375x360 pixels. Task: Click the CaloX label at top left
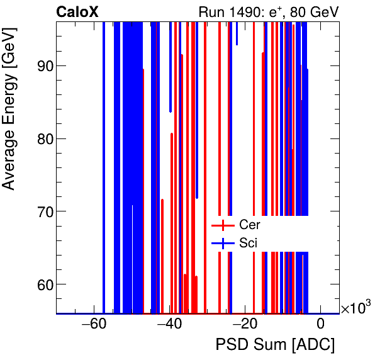pyautogui.click(x=76, y=11)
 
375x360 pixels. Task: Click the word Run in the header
pyautogui.click(x=211, y=11)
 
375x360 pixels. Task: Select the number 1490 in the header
pyautogui.click(x=243, y=11)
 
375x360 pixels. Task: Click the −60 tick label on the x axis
pyautogui.click(x=93, y=325)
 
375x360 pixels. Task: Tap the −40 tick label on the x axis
pyautogui.click(x=169, y=325)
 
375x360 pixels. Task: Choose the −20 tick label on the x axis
pyautogui.click(x=244, y=325)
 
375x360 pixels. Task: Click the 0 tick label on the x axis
pyautogui.click(x=320, y=325)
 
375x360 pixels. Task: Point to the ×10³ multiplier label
pyautogui.click(x=355, y=308)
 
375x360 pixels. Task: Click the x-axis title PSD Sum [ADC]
pyautogui.click(x=275, y=346)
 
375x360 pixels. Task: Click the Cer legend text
pyautogui.click(x=250, y=225)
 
